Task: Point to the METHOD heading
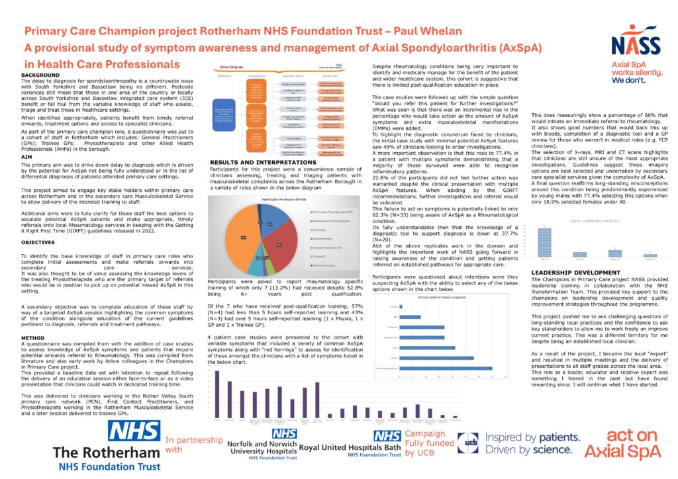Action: coord(33,336)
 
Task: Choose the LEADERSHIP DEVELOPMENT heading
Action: coord(576,273)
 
